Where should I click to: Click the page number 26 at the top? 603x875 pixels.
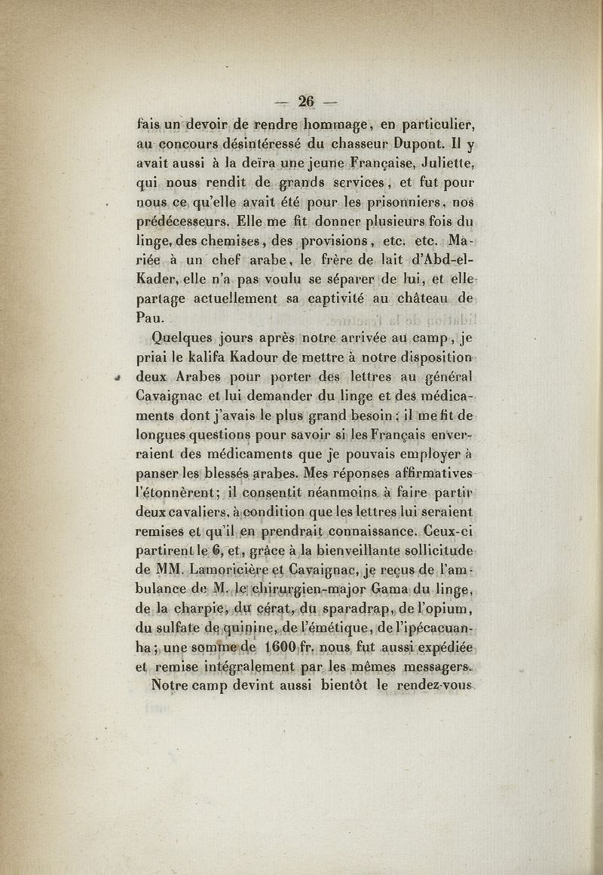point(306,100)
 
